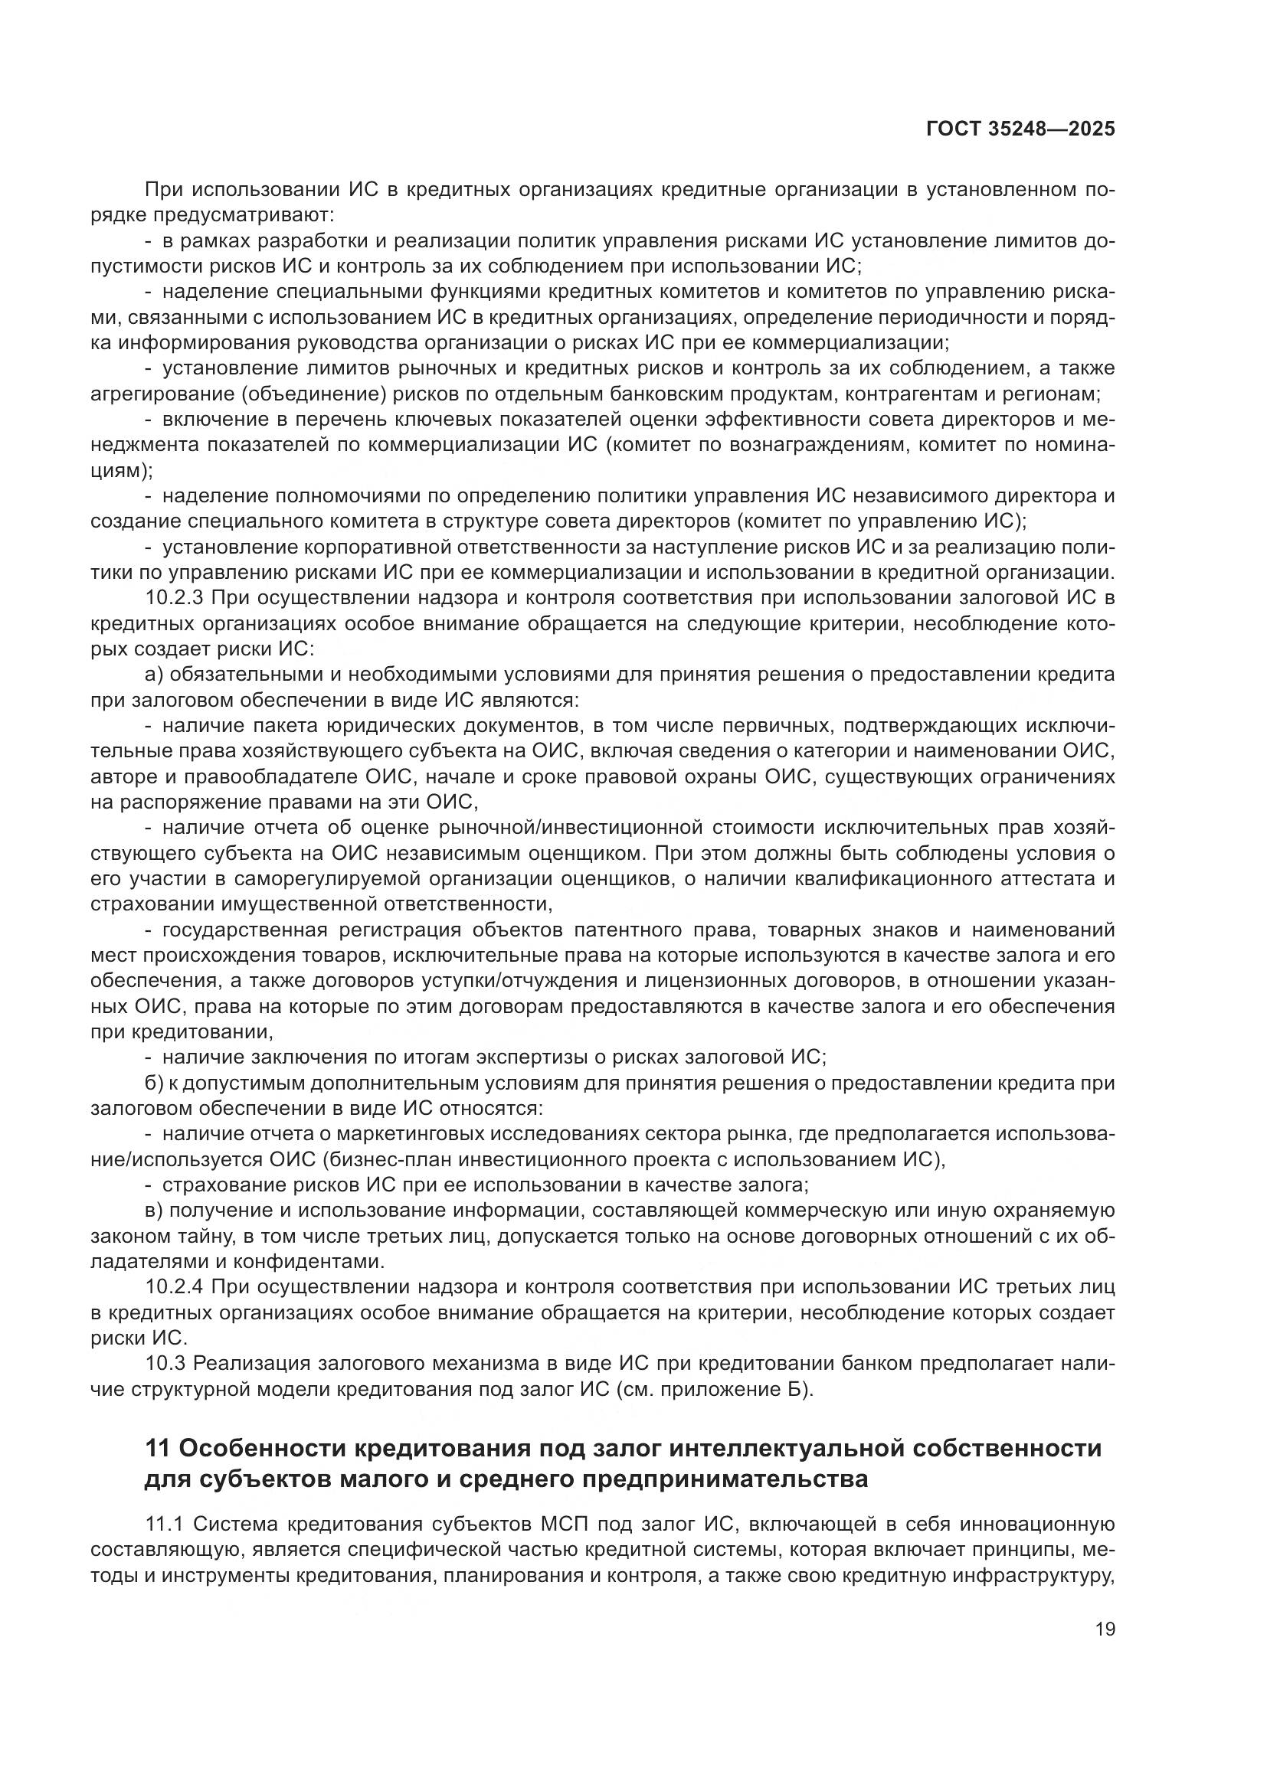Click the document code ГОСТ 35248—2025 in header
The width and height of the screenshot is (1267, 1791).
(1020, 129)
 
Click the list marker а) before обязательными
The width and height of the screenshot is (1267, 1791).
(154, 675)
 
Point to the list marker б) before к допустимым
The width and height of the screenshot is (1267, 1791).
(154, 1083)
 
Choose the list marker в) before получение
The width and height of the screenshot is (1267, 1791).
(154, 1211)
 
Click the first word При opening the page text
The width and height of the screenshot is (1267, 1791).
(162, 190)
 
